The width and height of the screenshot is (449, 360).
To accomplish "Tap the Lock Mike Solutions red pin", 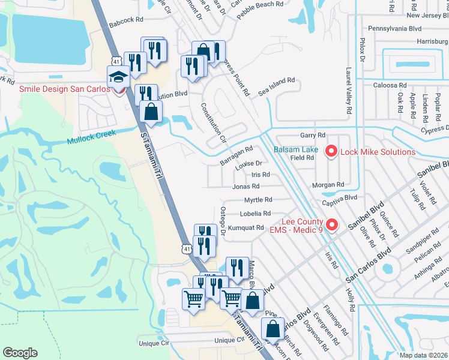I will (330, 152).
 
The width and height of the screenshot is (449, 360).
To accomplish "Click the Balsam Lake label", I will (296, 149).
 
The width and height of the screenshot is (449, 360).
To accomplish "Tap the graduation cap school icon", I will (118, 77).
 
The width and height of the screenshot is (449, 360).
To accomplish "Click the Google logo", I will (20, 353).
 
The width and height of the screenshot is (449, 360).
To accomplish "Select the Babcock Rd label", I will (126, 20).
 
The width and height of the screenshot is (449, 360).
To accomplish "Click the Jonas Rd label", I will (245, 187).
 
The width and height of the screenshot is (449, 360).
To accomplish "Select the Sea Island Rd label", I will (277, 79).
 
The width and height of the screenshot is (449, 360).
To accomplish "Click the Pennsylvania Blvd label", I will (394, 28).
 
